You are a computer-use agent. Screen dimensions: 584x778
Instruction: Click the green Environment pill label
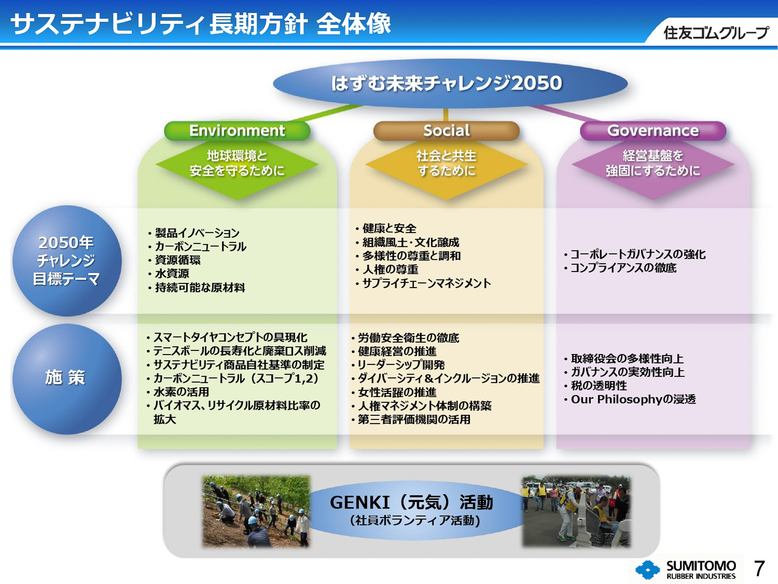[x=237, y=131]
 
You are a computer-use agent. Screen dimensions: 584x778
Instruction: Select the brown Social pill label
[x=446, y=131]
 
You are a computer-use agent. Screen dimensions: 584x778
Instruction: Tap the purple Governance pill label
[x=653, y=131]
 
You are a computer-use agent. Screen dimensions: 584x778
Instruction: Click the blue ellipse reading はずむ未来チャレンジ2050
[x=450, y=84]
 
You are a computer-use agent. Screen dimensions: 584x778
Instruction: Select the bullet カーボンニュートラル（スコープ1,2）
[x=236, y=378]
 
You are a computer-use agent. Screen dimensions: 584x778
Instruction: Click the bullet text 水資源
[x=172, y=274]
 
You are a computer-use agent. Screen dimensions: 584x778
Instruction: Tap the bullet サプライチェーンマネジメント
[x=426, y=283]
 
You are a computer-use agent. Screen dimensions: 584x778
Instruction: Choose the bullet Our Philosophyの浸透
[x=633, y=399]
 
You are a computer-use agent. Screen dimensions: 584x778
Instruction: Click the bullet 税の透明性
[x=598, y=386]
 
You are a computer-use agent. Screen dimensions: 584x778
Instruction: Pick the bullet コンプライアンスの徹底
[x=623, y=268]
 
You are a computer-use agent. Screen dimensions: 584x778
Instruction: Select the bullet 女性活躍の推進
[x=397, y=392]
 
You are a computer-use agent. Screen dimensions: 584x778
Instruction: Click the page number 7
[x=759, y=569]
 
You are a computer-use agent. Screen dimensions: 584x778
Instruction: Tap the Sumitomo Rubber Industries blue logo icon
[x=648, y=569]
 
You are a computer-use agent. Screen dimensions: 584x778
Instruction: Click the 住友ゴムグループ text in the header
[x=715, y=33]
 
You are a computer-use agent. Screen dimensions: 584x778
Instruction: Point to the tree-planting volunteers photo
[x=256, y=511]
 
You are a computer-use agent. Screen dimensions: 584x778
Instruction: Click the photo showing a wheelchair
[x=576, y=511]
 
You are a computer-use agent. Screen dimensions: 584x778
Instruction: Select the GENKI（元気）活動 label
[x=411, y=503]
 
